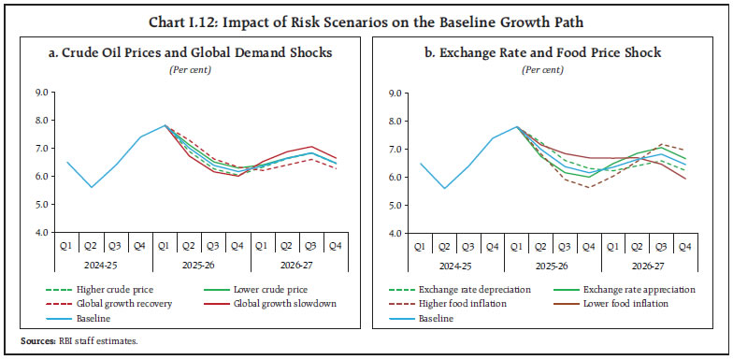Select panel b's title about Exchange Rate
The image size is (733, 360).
pyautogui.click(x=544, y=52)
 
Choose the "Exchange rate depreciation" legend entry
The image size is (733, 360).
pyautogui.click(x=466, y=289)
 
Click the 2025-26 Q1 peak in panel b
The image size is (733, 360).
pyautogui.click(x=517, y=126)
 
